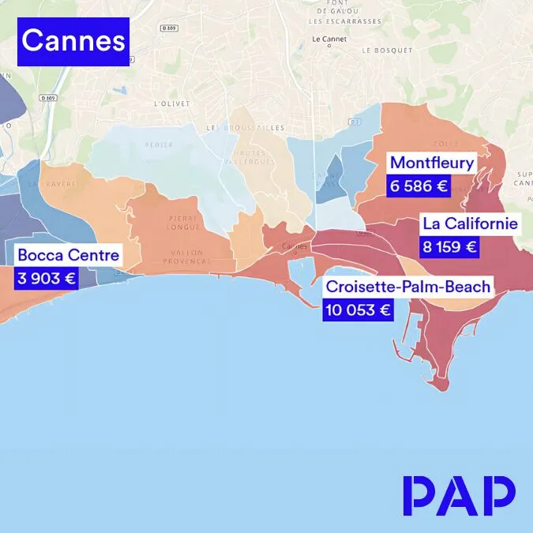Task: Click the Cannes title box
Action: pyautogui.click(x=73, y=41)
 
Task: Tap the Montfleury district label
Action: pyautogui.click(x=432, y=164)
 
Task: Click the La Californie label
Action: pyautogui.click(x=470, y=223)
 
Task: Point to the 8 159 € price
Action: pyautogui.click(x=449, y=246)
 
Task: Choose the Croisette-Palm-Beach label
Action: pyautogui.click(x=408, y=287)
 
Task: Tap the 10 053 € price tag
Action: pyautogui.click(x=358, y=310)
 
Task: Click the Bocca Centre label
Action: pyautogui.click(x=68, y=255)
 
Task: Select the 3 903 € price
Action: pyautogui.click(x=46, y=278)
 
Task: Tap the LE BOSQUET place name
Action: pyautogui.click(x=387, y=50)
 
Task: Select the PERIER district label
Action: pyautogui.click(x=159, y=145)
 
